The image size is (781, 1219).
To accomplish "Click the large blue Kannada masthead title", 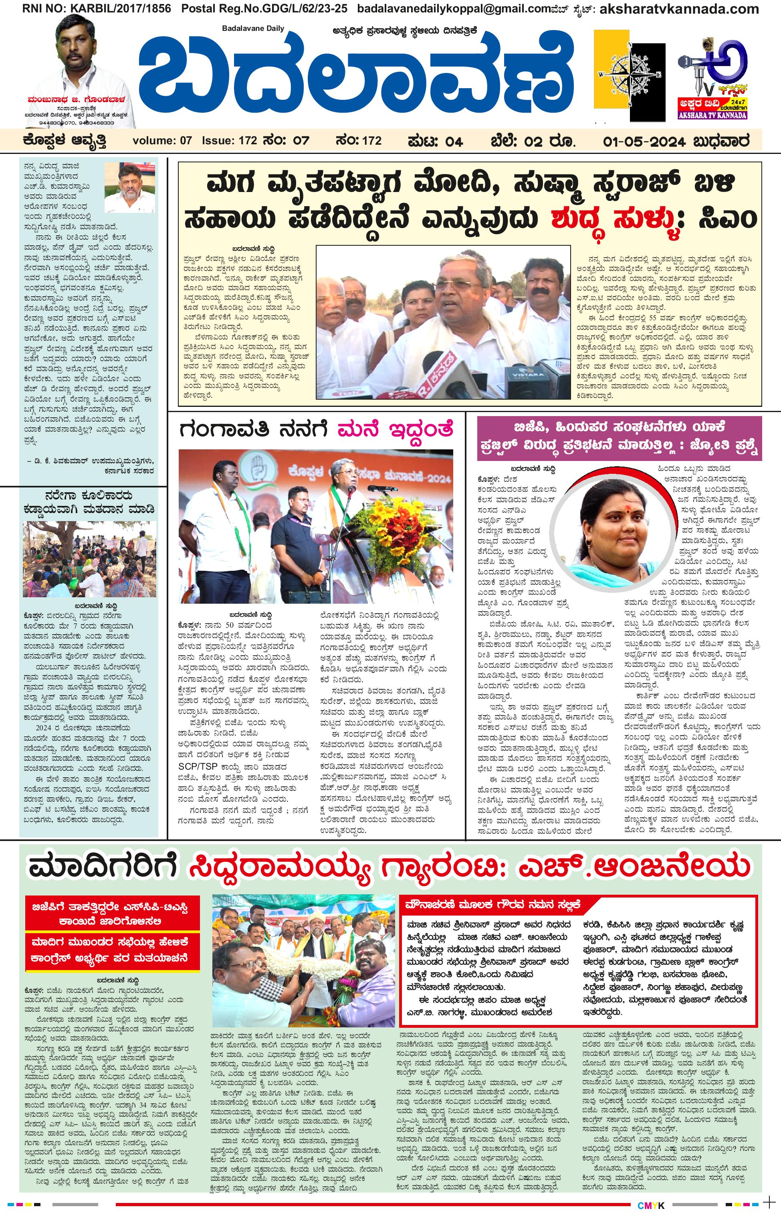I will tap(355, 76).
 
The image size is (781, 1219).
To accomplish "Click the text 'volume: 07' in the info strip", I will tap(162, 141).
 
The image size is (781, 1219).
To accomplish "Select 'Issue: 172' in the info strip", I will tap(229, 141).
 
